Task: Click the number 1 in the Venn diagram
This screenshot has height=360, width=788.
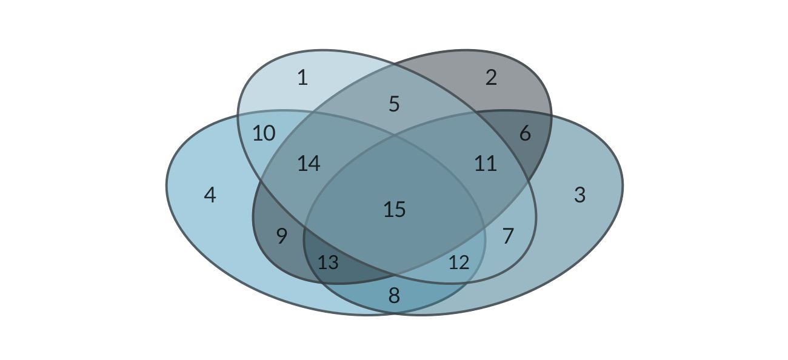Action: coord(302,78)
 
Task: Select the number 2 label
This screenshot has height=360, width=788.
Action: coord(491,78)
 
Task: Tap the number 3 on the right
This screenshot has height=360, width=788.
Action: coord(579,195)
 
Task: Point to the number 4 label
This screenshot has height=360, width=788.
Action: coord(210,195)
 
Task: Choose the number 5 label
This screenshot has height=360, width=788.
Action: coord(394,104)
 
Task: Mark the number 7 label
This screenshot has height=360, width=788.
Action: coord(508,236)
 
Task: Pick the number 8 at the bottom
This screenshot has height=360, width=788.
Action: coord(394,296)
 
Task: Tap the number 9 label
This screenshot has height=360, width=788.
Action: coord(282,236)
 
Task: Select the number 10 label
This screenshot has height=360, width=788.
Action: coord(264,133)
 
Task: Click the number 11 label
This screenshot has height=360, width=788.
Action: coord(486,164)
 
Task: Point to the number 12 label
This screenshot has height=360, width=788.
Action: coord(459,263)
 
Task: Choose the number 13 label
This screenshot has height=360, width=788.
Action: coord(328,263)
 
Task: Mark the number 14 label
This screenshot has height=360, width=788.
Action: coord(309,164)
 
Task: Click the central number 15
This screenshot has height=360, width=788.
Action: coord(394,210)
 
